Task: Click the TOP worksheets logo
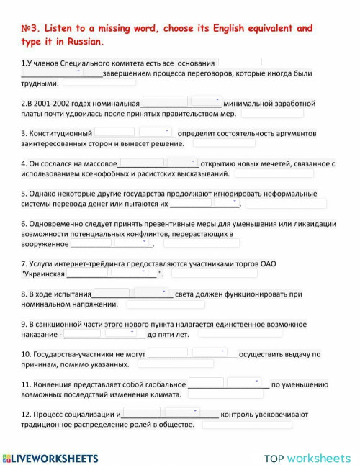307,459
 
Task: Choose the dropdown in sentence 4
183,163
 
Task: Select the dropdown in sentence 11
247,383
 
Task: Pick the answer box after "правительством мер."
271,113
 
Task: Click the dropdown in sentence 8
153,293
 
